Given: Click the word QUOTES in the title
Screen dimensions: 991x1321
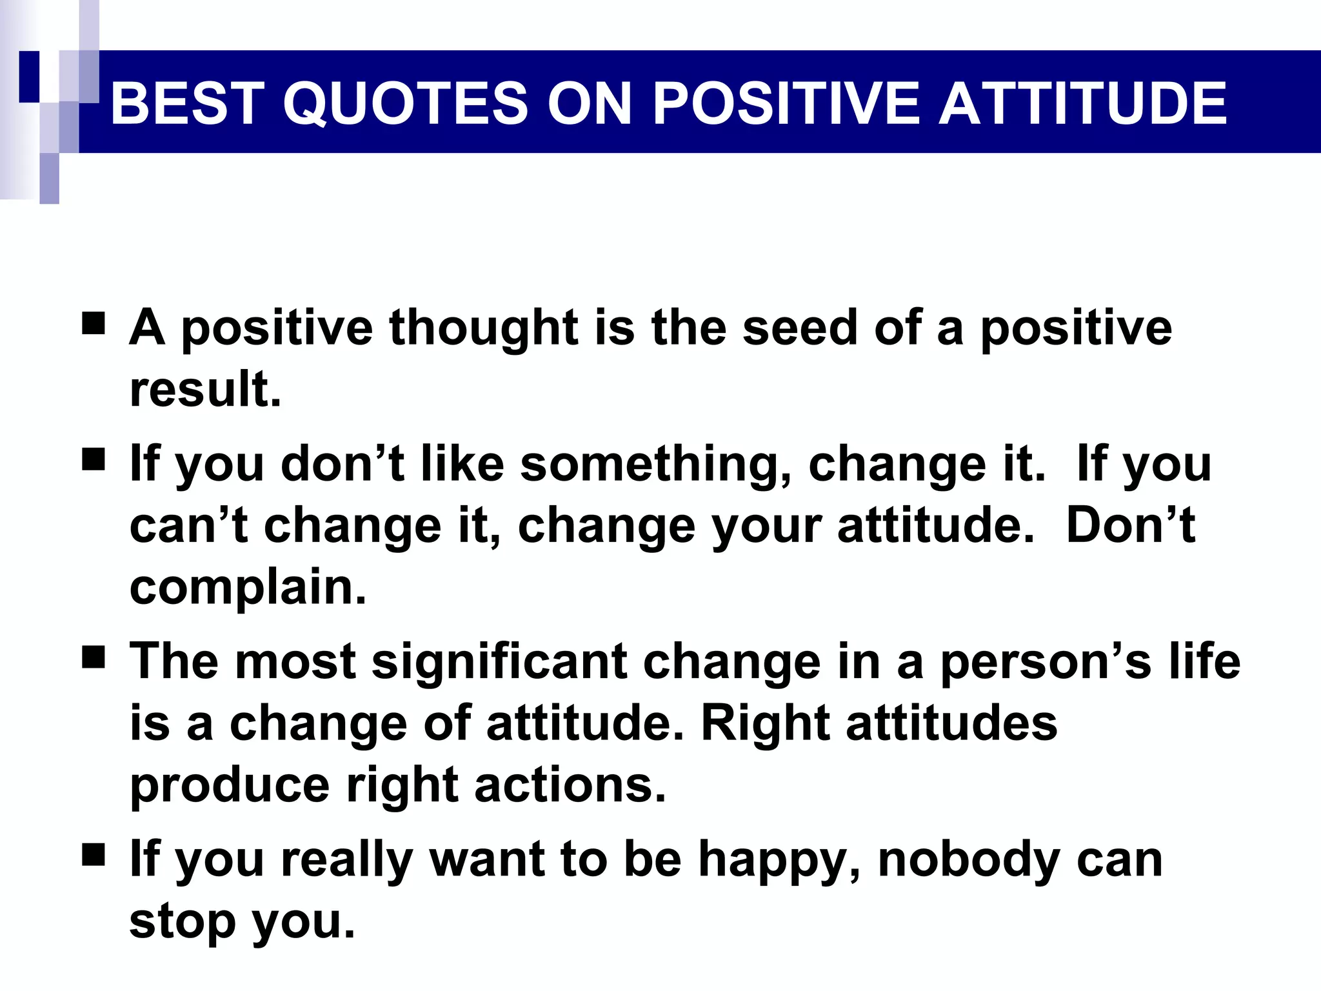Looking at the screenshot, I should pyautogui.click(x=405, y=103).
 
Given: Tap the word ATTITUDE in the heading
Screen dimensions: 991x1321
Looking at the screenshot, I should pyautogui.click(x=1082, y=103).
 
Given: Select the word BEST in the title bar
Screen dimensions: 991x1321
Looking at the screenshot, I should pyautogui.click(x=184, y=103).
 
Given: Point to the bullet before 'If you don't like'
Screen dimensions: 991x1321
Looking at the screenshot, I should pyautogui.click(x=94, y=460).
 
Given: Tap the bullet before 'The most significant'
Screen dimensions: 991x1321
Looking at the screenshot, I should pyautogui.click(x=94, y=658).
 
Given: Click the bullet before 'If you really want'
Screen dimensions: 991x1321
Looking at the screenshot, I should pyautogui.click(x=94, y=855).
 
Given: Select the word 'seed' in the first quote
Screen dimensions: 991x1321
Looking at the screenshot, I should pyautogui.click(x=800, y=328).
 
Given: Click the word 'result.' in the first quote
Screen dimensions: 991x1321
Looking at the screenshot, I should pyautogui.click(x=205, y=390).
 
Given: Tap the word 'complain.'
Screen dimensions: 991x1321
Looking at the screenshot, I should pyautogui.click(x=248, y=588).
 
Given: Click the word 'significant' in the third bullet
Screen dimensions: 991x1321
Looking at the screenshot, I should pyautogui.click(x=499, y=662).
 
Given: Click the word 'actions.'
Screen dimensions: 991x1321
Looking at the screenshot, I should pyautogui.click(x=570, y=786).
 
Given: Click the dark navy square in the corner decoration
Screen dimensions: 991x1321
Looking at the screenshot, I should pyautogui.click(x=29, y=76).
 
